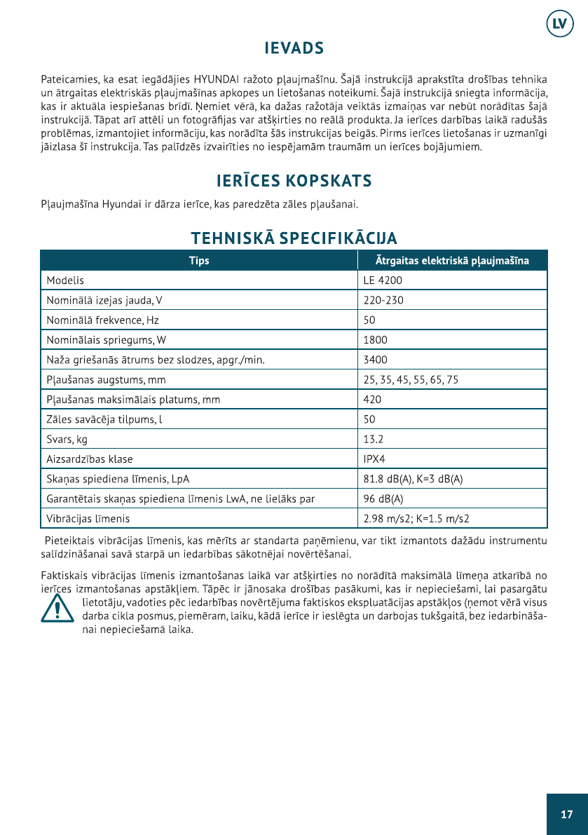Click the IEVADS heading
294,48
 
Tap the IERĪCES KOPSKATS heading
294,181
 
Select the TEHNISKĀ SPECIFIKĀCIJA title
294,238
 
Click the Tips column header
199,261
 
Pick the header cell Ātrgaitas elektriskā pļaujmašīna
452,261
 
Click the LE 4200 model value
383,280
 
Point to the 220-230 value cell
383,300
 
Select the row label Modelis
65,280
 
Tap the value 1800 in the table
375,340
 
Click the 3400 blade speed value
375,360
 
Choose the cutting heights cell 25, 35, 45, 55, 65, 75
411,380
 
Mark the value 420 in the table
372,400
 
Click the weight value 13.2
374,440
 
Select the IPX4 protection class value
375,459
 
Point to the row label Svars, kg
67,440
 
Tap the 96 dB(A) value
383,499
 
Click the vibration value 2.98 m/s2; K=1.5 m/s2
416,519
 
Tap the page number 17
567,814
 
